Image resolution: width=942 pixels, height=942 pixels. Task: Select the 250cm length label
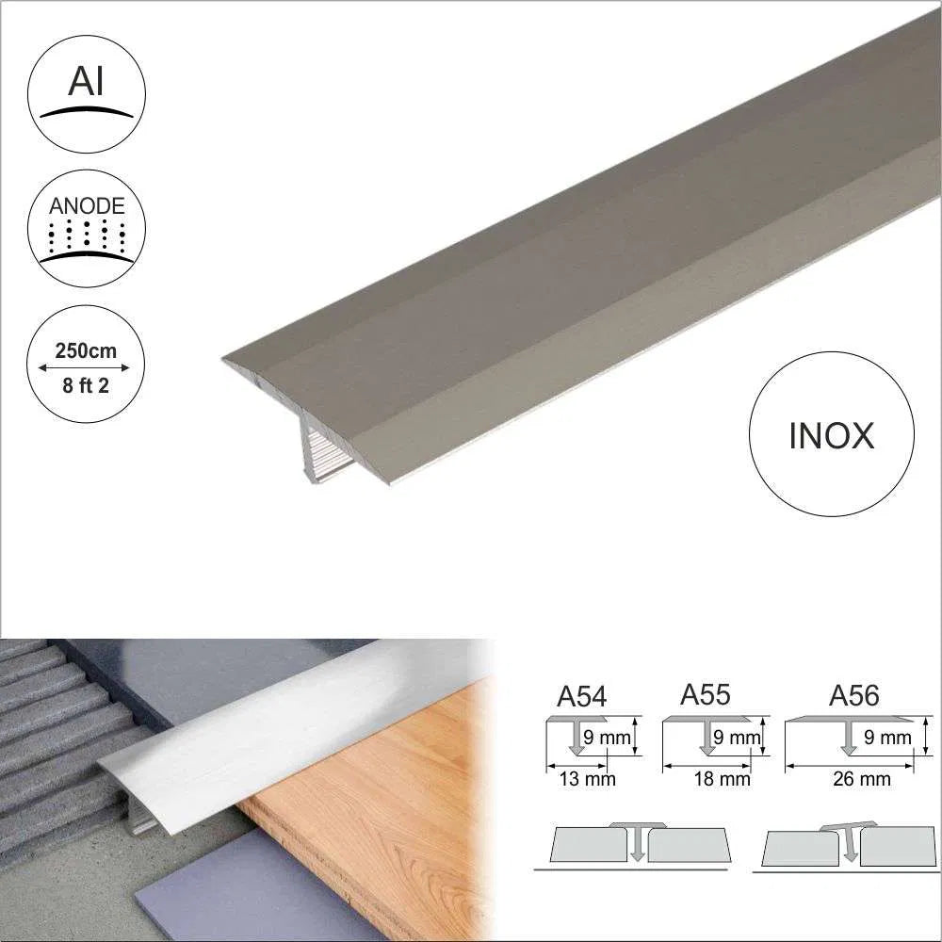pos(86,351)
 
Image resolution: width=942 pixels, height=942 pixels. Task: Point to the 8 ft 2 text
pos(87,385)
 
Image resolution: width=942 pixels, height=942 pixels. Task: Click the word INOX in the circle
pos(831,435)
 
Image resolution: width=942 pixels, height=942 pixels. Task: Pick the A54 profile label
pos(581,697)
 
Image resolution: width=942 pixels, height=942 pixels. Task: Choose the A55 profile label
pos(705,695)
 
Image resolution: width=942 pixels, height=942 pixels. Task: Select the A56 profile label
pos(853,696)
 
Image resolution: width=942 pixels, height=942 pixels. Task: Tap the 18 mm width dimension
pos(722,778)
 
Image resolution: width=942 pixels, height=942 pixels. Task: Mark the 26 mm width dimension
pos(861,778)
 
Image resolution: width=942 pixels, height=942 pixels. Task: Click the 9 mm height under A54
pos(607,738)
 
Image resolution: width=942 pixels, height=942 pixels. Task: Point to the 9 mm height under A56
pos(887,738)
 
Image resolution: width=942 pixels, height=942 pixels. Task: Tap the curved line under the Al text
pos(87,111)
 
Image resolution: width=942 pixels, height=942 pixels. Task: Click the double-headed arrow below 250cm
pos(86,368)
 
